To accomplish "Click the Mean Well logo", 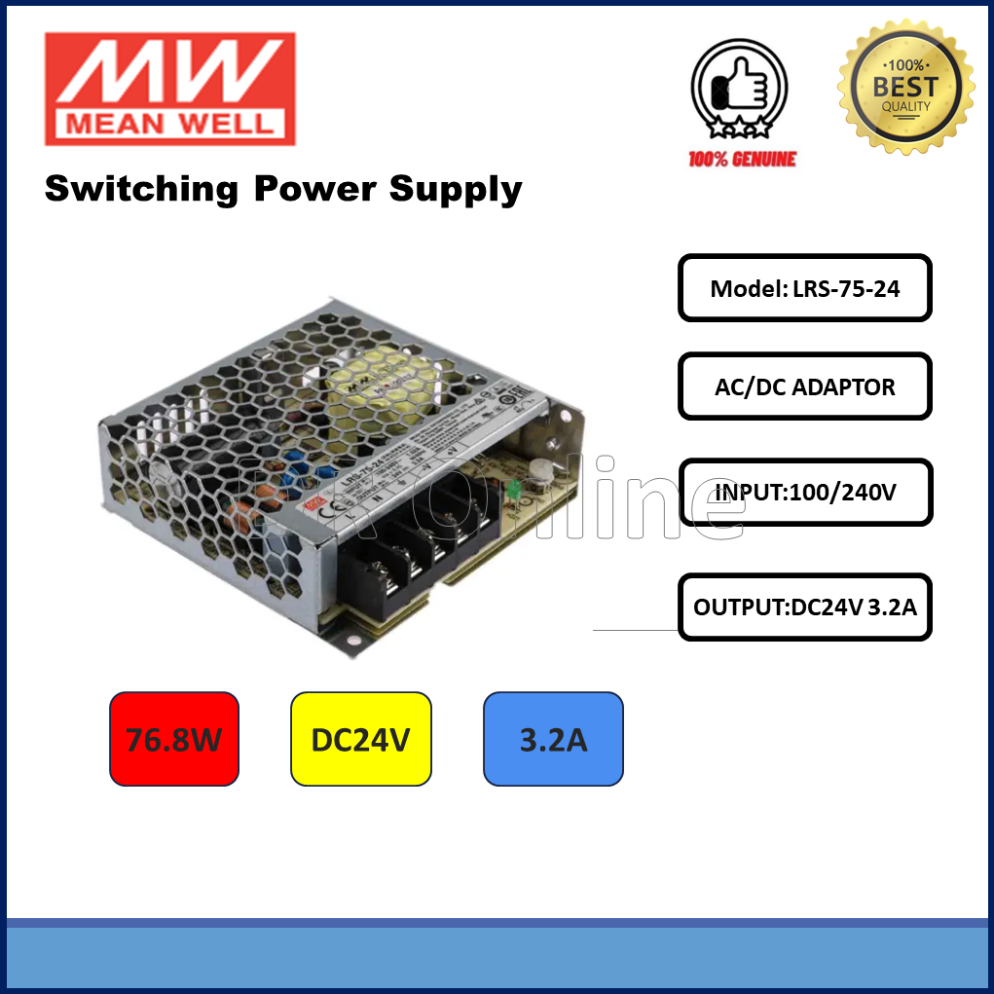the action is pyautogui.click(x=169, y=89).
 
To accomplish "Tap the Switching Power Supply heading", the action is pyautogui.click(x=283, y=189).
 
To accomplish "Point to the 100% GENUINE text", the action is pyautogui.click(x=742, y=159).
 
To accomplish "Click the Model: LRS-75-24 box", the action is pyautogui.click(x=804, y=288).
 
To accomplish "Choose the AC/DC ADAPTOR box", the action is pyautogui.click(x=804, y=387).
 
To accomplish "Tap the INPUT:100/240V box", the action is pyautogui.click(x=804, y=493).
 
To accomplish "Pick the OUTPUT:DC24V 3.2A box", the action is pyautogui.click(x=804, y=607).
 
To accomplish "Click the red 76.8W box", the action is pyautogui.click(x=174, y=739).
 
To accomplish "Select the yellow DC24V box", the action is pyautogui.click(x=360, y=739).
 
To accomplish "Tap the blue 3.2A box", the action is pyautogui.click(x=553, y=739).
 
